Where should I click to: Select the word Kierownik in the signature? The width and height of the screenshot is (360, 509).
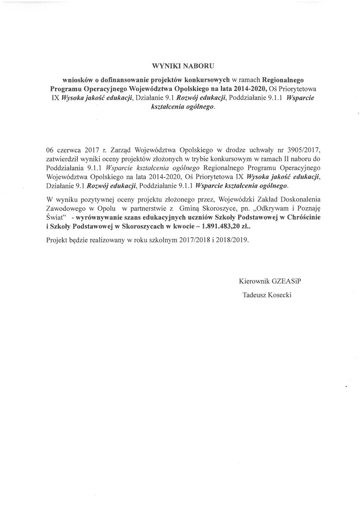pos(254,281)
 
